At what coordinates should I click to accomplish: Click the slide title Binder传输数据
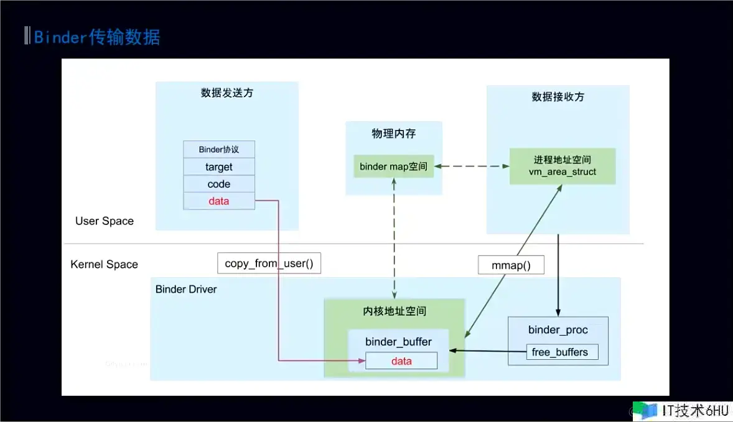point(97,37)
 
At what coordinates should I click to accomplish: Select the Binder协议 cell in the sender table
point(219,150)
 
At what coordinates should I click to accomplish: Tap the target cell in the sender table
point(219,167)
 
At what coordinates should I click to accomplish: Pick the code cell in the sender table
point(219,184)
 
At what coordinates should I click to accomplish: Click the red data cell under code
point(219,201)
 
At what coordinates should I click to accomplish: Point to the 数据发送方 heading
point(227,93)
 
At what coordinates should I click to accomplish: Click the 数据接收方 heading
point(558,97)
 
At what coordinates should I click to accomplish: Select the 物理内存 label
point(394,134)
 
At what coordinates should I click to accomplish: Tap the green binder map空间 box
point(394,167)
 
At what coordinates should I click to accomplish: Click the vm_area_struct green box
point(563,167)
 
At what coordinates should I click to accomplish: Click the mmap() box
point(511,265)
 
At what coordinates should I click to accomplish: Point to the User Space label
point(105,221)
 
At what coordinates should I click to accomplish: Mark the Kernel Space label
point(105,264)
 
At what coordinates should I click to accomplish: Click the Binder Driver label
point(186,289)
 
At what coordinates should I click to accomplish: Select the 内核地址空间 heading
point(395,311)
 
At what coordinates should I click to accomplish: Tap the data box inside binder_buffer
point(401,361)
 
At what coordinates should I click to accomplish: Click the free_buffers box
point(559,352)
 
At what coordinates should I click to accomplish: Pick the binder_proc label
point(558,329)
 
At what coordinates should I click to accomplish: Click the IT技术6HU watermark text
point(694,411)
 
